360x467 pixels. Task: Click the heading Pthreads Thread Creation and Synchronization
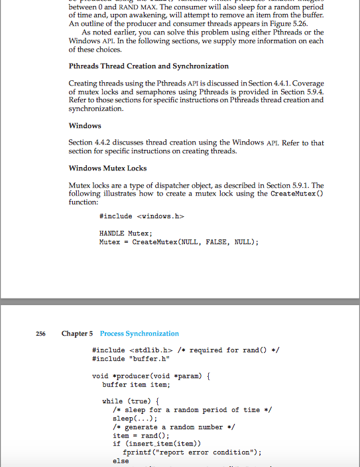coord(149,66)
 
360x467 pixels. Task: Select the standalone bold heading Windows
coord(85,125)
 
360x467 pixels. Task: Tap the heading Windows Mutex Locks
coord(107,168)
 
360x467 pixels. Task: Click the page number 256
coord(40,334)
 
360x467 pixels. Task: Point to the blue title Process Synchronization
coord(139,334)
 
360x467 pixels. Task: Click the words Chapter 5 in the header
coord(78,334)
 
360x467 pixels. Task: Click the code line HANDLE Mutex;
coord(125,233)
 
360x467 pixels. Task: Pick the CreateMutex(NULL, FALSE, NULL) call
coord(195,242)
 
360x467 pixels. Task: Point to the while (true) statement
coord(131,401)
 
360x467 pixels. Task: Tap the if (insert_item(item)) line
coord(156,444)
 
